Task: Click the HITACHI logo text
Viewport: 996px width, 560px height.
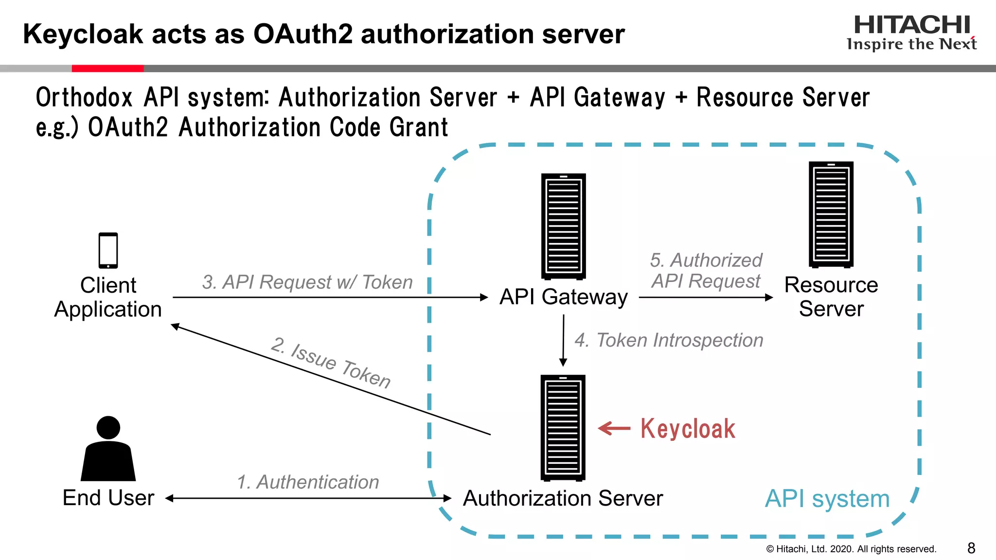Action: (x=912, y=25)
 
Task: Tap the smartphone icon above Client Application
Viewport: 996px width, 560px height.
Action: (x=108, y=250)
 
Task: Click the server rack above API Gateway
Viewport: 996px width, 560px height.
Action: (x=563, y=226)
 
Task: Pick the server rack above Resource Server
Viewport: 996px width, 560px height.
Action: (x=831, y=214)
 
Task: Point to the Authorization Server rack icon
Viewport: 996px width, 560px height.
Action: (x=563, y=428)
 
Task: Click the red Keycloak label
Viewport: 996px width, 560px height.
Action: (x=687, y=429)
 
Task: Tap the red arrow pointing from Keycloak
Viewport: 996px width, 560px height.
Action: (x=614, y=428)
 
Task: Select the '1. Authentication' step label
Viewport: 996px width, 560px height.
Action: (x=307, y=482)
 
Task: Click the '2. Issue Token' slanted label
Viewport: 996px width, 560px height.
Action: (x=331, y=363)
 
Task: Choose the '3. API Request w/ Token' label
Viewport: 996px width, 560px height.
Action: (x=307, y=282)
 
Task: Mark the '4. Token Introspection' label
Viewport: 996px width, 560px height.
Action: (x=669, y=340)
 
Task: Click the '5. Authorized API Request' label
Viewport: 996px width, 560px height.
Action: (x=706, y=271)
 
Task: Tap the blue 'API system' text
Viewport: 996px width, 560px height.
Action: (x=827, y=499)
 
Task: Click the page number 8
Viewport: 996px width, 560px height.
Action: (x=971, y=548)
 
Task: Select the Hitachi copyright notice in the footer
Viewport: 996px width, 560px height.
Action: (x=851, y=549)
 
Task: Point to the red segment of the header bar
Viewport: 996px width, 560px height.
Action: (x=107, y=69)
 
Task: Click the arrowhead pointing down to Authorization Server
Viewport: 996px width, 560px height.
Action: (x=563, y=362)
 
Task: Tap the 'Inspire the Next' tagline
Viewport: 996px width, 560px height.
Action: (x=911, y=44)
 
